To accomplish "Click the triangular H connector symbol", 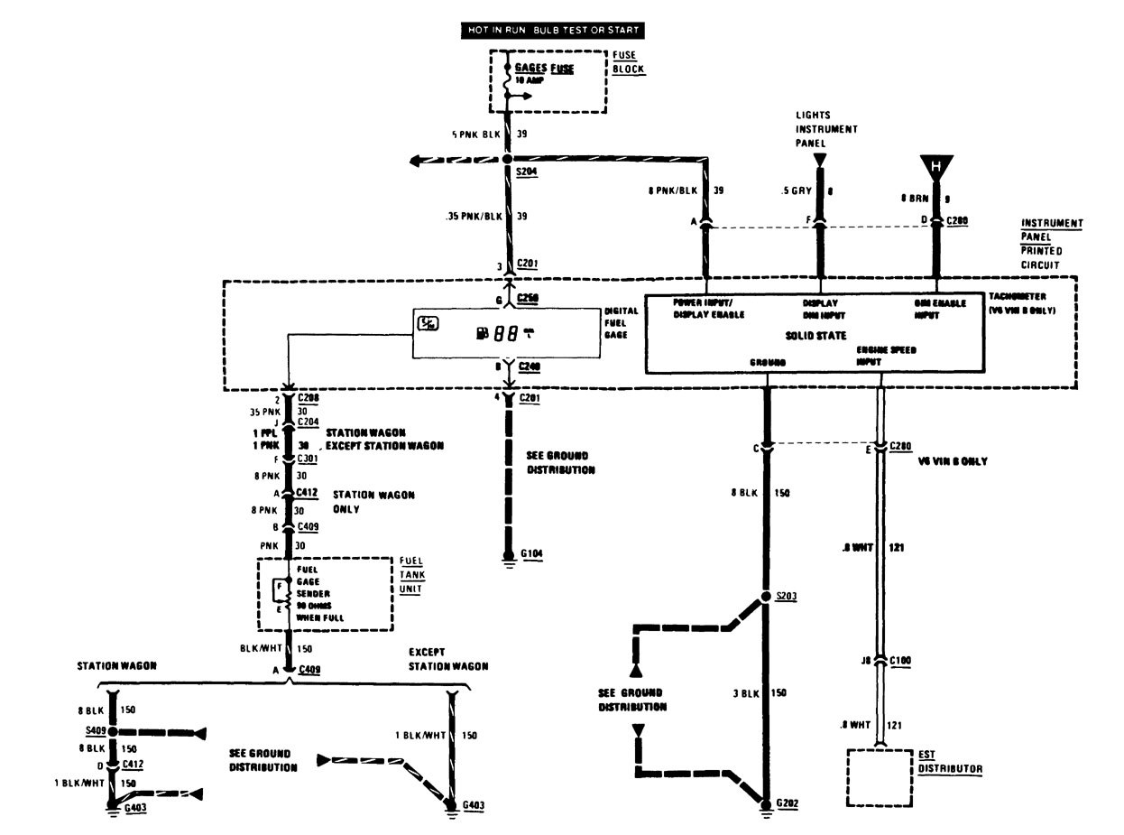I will pos(936,167).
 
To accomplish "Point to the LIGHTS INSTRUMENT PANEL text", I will pos(825,129).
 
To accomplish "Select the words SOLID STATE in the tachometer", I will pos(815,335).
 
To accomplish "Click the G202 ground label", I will pos(786,802).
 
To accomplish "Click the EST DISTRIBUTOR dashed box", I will pos(874,776).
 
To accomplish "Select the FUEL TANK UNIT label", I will pos(411,574).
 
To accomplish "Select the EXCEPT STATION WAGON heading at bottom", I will pos(447,658).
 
